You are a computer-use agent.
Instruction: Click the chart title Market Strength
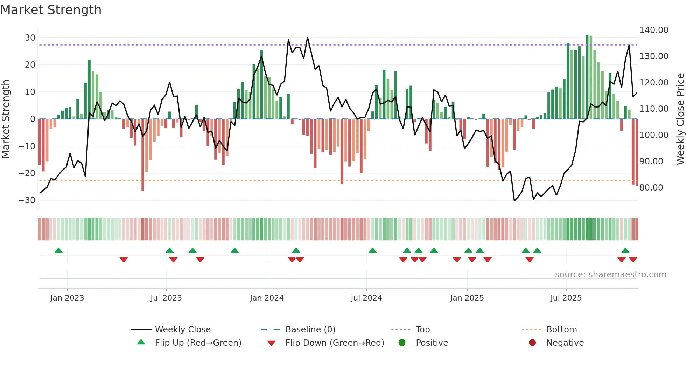(51, 10)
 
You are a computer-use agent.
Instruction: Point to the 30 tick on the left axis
(30, 38)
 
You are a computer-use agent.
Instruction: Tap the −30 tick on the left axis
(27, 200)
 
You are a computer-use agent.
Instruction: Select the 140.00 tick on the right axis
(653, 30)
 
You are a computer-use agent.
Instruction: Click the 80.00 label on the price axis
(651, 188)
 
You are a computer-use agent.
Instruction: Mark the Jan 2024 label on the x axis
(267, 298)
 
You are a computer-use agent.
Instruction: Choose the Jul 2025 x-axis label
(566, 298)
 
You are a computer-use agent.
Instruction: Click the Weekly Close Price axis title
(680, 119)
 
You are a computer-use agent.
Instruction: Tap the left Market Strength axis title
(6, 119)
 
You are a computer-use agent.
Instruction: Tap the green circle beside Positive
(402, 343)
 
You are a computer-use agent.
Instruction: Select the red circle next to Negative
(532, 343)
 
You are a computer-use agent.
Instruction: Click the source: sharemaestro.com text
(610, 275)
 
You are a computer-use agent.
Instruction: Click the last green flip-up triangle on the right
(625, 251)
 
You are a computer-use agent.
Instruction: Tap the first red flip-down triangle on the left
(124, 260)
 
